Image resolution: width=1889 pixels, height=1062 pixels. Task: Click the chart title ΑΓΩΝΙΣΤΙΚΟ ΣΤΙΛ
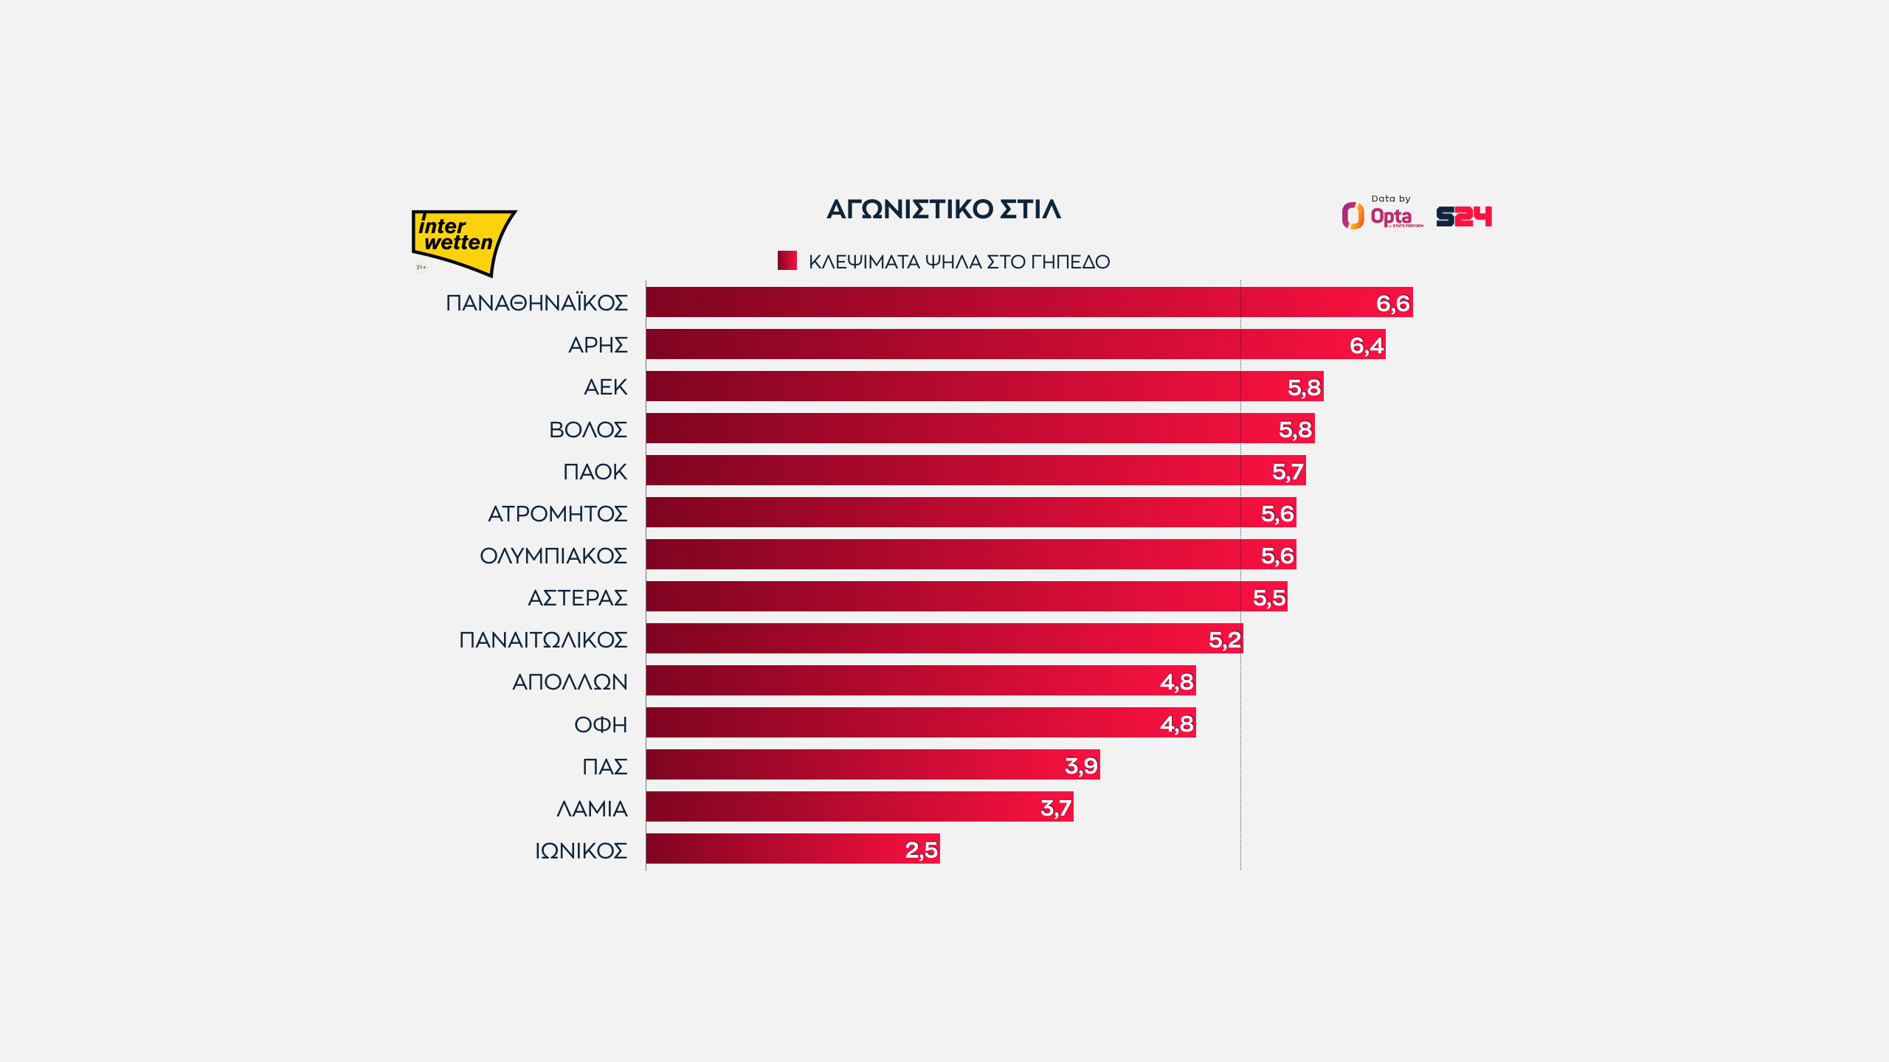coord(944,209)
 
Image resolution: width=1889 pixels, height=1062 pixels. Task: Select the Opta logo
coord(1382,216)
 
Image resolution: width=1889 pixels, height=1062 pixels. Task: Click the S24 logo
coord(1464,216)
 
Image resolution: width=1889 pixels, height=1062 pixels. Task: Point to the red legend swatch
coord(787,260)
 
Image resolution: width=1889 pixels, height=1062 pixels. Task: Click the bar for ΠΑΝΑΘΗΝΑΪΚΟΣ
coord(1029,302)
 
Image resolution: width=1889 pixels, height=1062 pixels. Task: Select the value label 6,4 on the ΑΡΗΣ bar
coord(1366,345)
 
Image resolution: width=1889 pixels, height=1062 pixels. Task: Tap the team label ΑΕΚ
coord(605,387)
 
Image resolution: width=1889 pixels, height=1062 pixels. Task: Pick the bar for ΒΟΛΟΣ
coord(980,428)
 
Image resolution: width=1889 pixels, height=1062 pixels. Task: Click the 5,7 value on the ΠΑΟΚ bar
coord(1288,471)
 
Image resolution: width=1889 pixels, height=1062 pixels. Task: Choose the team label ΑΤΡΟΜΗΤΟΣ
coord(557,513)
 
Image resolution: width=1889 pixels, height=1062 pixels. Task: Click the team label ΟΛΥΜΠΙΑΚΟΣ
coord(553,555)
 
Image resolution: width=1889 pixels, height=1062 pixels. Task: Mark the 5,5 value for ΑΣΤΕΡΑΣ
coord(1269,597)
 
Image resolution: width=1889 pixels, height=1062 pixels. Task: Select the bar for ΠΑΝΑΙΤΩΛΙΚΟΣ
coord(944,639)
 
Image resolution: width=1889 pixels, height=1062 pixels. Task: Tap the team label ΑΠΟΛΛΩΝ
coord(570,681)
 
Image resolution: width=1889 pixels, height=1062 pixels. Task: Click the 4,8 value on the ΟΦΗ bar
coord(1177,723)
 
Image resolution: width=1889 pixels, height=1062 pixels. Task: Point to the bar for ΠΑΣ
coord(872,765)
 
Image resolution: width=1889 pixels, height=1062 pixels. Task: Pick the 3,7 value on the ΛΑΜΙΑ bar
coord(1055,808)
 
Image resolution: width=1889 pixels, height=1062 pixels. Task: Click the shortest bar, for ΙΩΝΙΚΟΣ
coord(792,849)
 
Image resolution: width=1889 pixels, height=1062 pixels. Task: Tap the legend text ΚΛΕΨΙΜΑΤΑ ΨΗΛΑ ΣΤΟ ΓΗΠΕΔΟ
coord(959,262)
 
